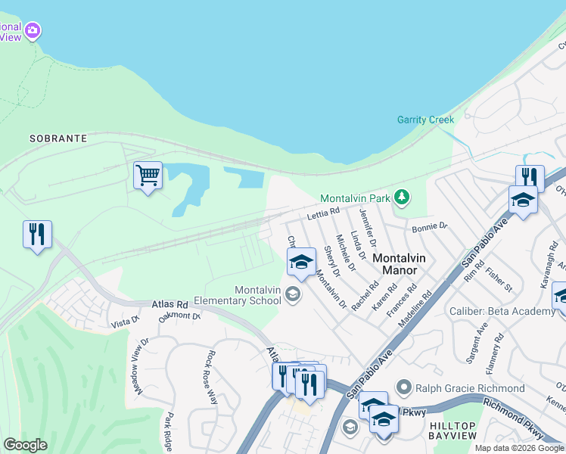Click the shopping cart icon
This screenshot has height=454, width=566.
148,176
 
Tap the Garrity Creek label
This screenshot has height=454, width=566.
425,120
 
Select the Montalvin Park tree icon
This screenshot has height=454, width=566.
402,198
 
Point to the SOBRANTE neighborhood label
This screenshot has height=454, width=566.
58,139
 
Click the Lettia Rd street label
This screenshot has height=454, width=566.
324,216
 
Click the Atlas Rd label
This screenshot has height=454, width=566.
168,303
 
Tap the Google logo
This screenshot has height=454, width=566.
25,445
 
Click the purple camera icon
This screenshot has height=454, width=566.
32,31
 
